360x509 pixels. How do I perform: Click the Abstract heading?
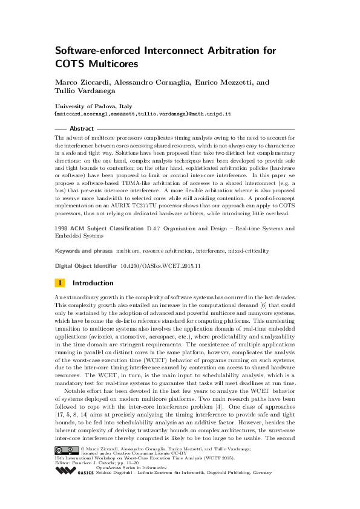pyautogui.click(x=82, y=129)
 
